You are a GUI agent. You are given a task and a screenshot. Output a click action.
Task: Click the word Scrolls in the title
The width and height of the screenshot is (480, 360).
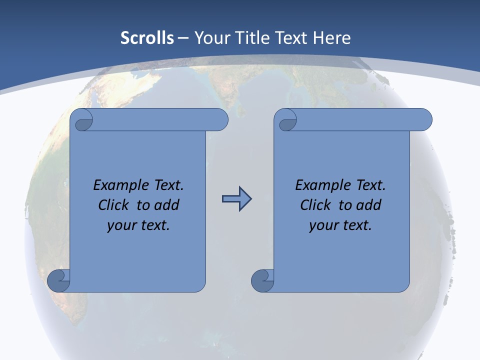click(147, 38)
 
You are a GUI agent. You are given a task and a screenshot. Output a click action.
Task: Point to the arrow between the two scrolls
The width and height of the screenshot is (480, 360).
click(236, 199)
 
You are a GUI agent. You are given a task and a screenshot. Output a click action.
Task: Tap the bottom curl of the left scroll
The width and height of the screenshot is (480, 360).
click(59, 281)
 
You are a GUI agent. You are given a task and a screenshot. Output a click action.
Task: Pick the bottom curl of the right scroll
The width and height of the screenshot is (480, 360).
click(263, 281)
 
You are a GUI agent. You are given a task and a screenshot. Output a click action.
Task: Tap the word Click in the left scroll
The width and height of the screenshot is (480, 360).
click(112, 205)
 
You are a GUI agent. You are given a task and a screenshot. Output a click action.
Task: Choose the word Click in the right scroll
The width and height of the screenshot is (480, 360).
click(314, 205)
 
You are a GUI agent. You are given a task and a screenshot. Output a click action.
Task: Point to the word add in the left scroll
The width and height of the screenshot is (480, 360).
click(166, 205)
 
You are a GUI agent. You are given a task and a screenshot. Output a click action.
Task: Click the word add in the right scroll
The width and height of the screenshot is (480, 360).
click(368, 205)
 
